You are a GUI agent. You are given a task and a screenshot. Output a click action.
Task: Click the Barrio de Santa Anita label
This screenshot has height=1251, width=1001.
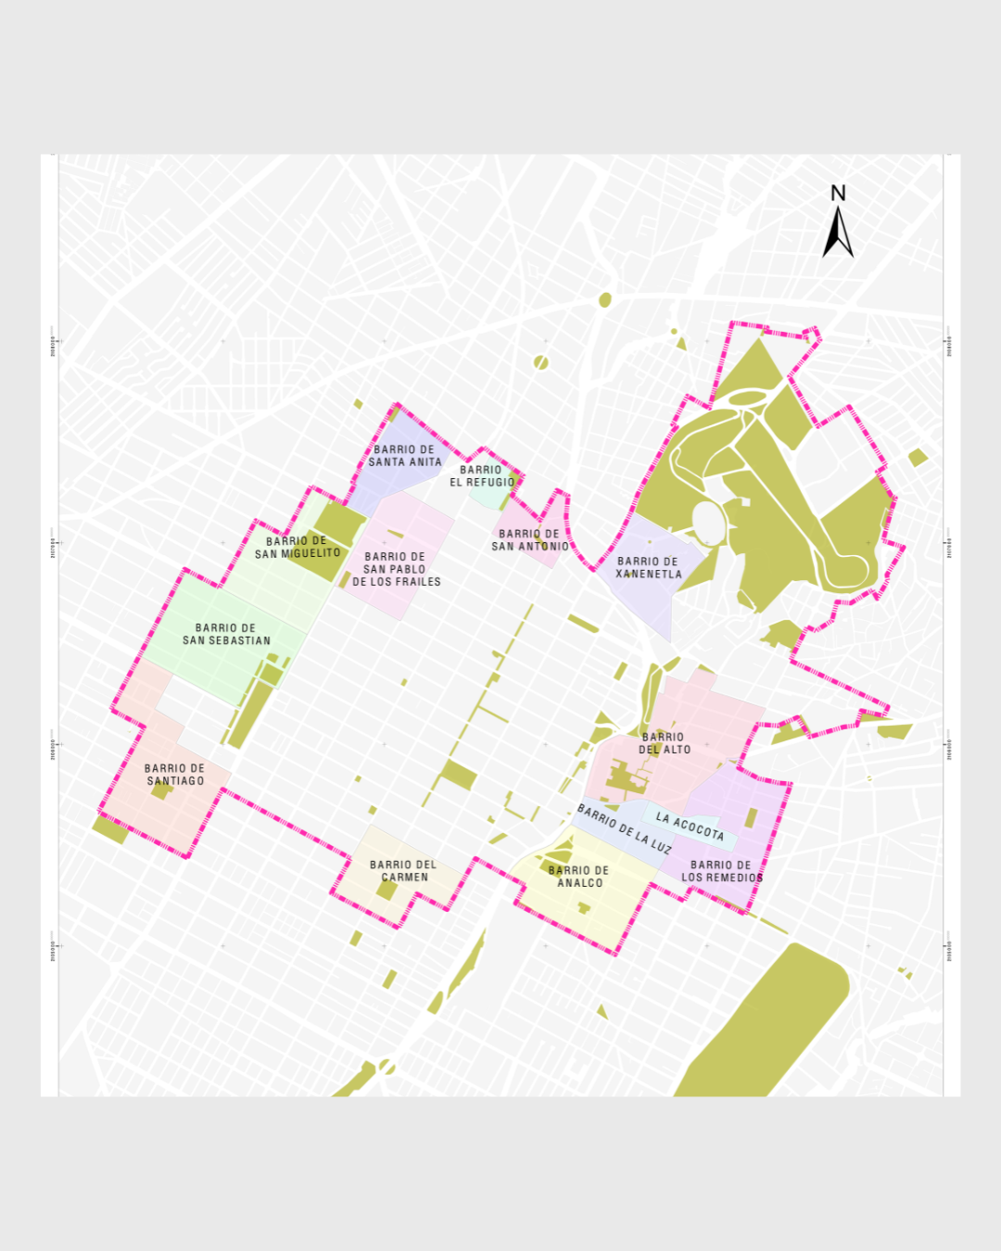405,456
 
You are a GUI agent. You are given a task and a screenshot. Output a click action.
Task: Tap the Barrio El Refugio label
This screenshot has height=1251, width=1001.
481,476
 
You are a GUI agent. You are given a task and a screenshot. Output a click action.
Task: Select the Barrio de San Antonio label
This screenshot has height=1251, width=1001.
529,540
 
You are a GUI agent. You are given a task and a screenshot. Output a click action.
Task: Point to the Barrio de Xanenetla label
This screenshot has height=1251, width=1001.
648,568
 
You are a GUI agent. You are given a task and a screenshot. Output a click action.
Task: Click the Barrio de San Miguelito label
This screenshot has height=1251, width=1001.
298,547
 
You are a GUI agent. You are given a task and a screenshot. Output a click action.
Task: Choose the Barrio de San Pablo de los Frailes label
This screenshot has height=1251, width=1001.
396,569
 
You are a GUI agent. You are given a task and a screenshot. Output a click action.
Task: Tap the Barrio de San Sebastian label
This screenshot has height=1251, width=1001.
226,634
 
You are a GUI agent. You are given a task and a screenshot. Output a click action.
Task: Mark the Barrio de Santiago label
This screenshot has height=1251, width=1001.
175,775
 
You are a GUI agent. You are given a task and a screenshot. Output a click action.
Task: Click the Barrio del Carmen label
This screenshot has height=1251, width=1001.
403,871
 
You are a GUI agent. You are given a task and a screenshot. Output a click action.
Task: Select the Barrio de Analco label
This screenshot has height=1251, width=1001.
579,877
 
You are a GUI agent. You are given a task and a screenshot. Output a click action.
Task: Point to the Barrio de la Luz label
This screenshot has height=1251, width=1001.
625,828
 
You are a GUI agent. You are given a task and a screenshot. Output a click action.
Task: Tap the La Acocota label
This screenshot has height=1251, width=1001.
690,826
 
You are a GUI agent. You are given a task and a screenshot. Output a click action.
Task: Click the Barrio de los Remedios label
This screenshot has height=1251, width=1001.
721,871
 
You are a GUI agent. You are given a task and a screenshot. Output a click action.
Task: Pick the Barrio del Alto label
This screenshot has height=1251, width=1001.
664,743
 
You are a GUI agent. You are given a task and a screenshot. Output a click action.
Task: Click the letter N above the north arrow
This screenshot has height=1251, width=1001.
838,193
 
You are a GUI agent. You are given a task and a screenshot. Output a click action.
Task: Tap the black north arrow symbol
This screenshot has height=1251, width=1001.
838,234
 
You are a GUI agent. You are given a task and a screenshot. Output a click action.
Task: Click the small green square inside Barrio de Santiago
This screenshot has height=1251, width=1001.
161,790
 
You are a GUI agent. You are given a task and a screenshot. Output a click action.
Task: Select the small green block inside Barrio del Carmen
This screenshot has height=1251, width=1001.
386,890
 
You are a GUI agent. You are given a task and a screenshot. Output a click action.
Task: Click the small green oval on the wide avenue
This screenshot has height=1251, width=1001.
605,299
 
